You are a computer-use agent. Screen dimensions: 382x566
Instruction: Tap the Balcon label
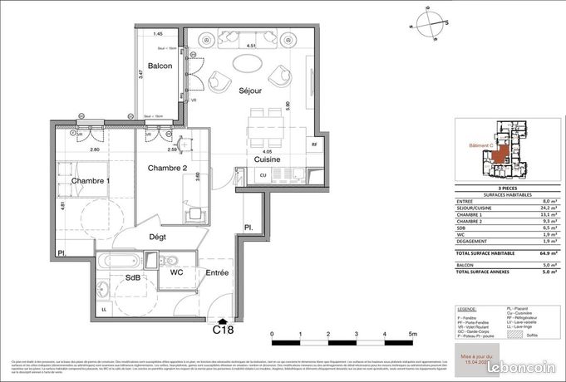click(160, 66)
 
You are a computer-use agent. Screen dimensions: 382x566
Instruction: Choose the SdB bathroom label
click(134, 277)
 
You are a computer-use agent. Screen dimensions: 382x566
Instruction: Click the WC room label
click(176, 272)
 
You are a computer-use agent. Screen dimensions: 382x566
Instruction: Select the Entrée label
click(219, 272)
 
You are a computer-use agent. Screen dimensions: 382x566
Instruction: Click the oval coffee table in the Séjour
click(249, 63)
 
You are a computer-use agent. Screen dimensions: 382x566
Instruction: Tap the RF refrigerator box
click(314, 144)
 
